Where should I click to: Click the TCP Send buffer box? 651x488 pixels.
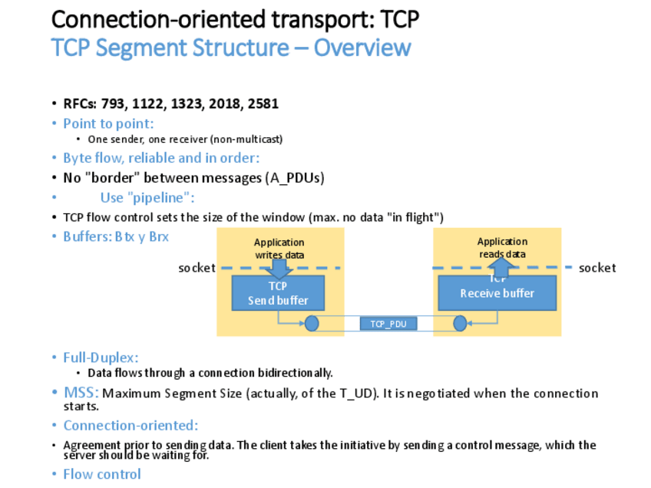tap(278, 293)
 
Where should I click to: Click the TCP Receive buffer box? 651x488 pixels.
tap(497, 293)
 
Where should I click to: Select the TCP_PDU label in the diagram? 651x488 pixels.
tap(388, 324)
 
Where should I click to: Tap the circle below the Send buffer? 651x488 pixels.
tap(312, 324)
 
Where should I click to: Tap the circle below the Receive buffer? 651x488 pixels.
tap(460, 324)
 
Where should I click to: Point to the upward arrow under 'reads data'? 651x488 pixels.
tap(502, 267)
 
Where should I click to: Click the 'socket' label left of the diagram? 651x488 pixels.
tap(197, 268)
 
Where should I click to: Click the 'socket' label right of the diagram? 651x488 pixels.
tap(597, 268)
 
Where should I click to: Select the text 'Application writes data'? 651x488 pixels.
tap(279, 249)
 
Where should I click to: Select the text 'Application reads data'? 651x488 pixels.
tap(502, 247)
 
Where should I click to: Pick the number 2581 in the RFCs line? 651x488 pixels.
tap(263, 104)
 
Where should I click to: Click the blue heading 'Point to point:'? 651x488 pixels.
tap(108, 124)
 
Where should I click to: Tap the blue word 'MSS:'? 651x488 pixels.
tap(81, 393)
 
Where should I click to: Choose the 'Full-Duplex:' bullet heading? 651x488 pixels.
tap(101, 358)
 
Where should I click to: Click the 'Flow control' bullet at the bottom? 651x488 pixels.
tap(102, 474)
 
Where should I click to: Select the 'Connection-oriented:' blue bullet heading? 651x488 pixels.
tap(131, 425)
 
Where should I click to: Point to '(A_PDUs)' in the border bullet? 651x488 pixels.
tap(295, 178)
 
